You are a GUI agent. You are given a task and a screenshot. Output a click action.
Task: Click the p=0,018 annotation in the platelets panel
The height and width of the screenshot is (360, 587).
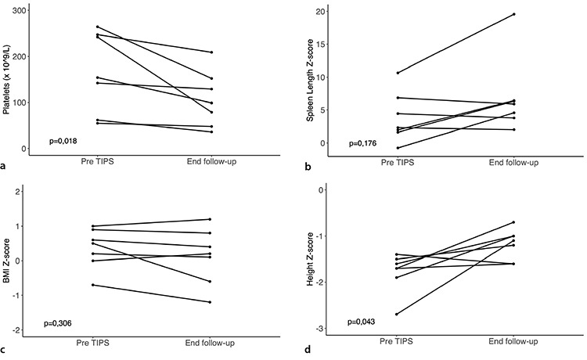pos(63,141)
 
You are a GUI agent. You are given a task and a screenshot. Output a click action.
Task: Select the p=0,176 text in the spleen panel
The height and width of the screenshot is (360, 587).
pos(362,143)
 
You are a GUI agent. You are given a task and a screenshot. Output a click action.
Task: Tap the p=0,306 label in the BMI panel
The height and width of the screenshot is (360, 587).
pos(58,323)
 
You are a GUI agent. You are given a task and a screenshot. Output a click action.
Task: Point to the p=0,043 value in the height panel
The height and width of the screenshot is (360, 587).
pos(362,322)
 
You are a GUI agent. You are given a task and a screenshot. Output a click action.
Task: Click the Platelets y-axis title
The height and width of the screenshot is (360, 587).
pos(6,80)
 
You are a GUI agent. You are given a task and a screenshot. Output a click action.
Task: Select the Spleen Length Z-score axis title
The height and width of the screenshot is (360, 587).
pos(310,80)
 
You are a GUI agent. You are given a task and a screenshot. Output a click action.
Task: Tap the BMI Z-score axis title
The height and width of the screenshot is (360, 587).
pos(6,261)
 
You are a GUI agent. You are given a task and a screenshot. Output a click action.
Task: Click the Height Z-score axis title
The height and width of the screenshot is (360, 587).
pos(310,259)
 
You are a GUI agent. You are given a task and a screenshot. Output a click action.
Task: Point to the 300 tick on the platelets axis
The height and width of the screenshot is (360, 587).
pos(19,10)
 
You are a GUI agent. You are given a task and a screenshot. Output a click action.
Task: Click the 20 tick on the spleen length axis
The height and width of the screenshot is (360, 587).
pos(320,12)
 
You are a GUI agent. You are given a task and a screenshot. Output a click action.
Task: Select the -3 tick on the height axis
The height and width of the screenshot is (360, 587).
pos(320,329)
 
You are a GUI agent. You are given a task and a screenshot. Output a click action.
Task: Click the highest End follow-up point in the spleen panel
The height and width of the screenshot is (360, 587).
pos(514,14)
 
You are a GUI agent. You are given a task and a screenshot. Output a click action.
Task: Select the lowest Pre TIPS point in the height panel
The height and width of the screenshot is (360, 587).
pos(397,314)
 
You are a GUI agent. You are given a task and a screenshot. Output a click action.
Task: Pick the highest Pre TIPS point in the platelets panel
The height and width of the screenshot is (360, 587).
pos(98,27)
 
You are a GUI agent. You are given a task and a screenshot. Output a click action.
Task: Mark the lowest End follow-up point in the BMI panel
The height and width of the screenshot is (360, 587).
pos(210,302)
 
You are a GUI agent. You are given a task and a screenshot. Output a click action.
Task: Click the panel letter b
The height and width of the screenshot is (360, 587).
pos(308,167)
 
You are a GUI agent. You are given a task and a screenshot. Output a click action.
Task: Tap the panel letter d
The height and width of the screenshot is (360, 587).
pos(308,350)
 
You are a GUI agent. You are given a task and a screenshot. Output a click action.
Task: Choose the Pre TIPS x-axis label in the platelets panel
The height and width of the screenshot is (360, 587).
pos(97,162)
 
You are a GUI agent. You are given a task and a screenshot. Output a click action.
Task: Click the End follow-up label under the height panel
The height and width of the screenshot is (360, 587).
pos(513,341)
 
